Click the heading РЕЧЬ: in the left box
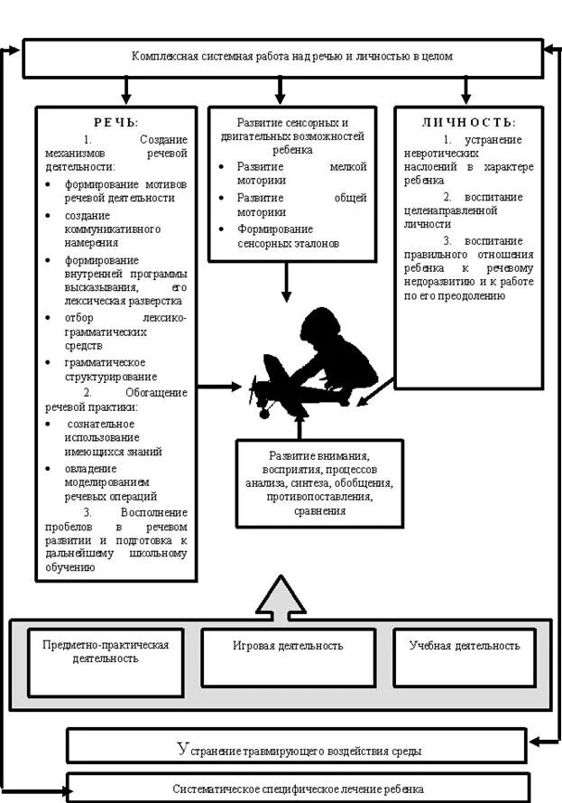pyautogui.click(x=116, y=122)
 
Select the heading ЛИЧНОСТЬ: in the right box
pyautogui.click(x=468, y=122)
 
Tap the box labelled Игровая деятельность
pyautogui.click(x=288, y=647)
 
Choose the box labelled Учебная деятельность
pyautogui.click(x=465, y=647)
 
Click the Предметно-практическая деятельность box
pyautogui.click(x=106, y=652)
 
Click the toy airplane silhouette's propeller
pyautogui.click(x=253, y=392)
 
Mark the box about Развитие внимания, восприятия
pyautogui.click(x=319, y=483)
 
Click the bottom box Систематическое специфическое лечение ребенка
pyautogui.click(x=298, y=789)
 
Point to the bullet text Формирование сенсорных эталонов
pyautogui.click(x=289, y=237)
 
